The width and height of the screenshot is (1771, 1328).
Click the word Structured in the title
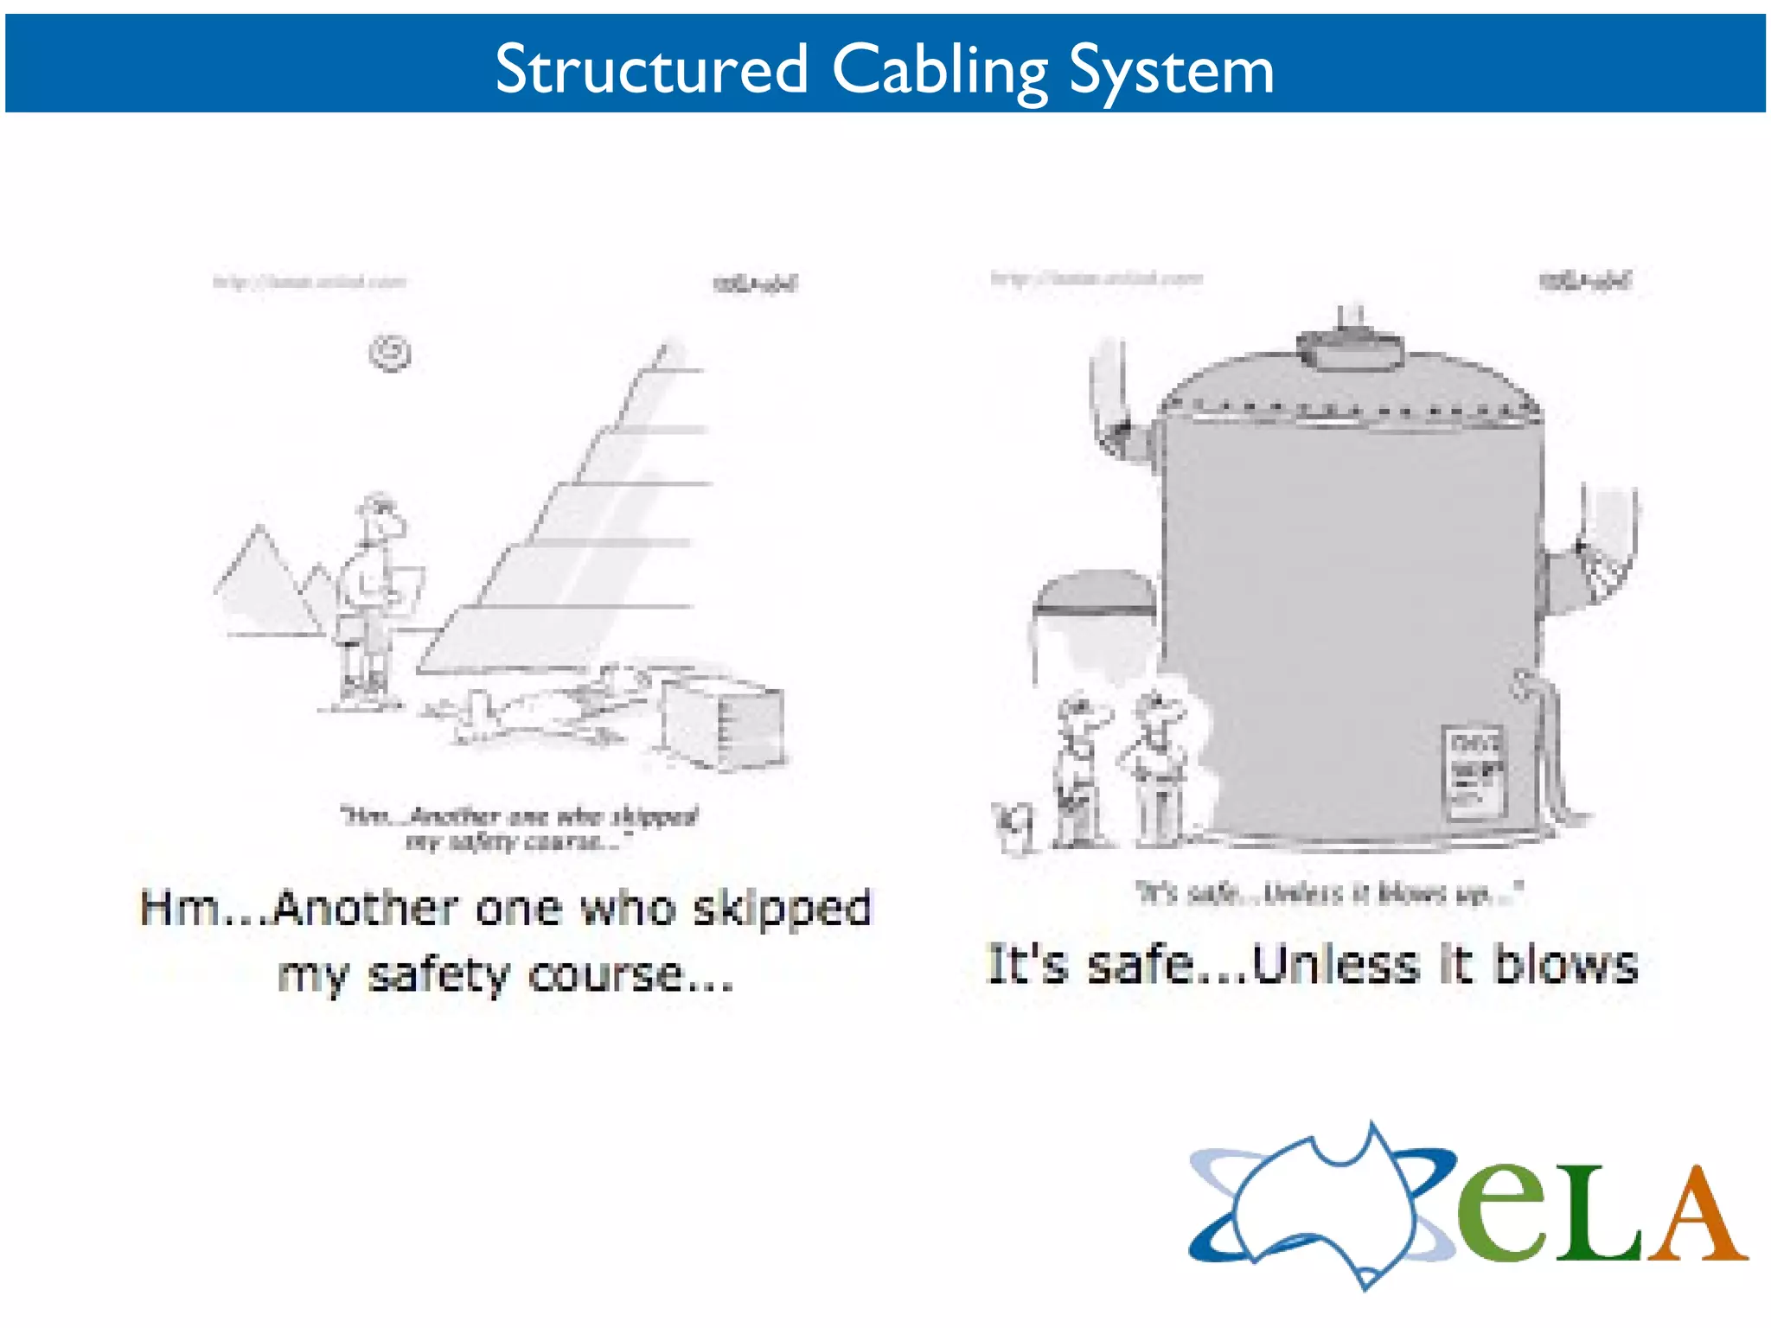pyautogui.click(x=651, y=69)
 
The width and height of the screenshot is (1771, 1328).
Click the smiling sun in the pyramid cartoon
pyautogui.click(x=390, y=353)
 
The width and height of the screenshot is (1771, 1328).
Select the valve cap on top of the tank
pyautogui.click(x=1349, y=347)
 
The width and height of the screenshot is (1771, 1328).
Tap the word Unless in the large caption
pyautogui.click(x=1336, y=965)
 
